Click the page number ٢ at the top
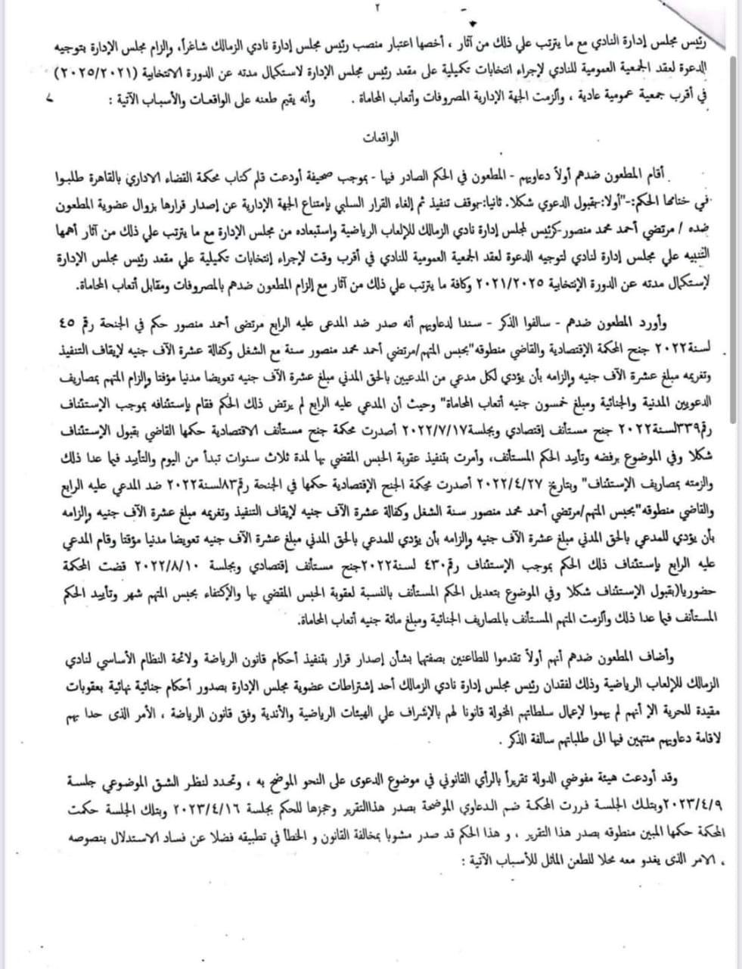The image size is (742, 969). click(x=374, y=8)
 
